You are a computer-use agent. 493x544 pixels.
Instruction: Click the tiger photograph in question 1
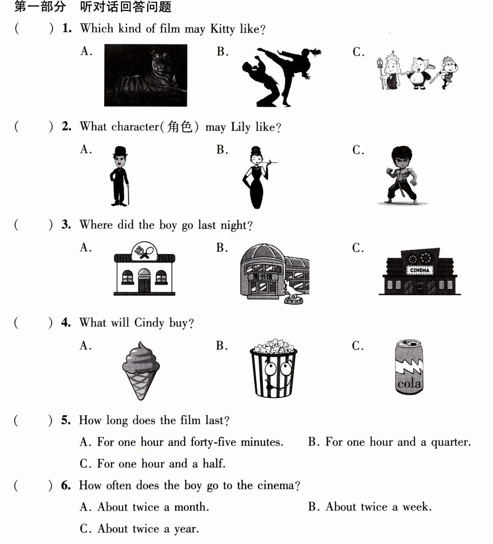pyautogui.click(x=146, y=75)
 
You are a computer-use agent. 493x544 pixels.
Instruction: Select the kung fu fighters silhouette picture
pyautogui.click(x=281, y=77)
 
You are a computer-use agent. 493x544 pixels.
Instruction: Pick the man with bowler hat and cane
pyautogui.click(x=119, y=176)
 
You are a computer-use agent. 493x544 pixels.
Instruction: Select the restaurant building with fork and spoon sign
pyautogui.click(x=144, y=269)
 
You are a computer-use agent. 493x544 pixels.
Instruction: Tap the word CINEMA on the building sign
pyautogui.click(x=420, y=270)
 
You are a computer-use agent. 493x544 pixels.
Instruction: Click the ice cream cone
pyautogui.click(x=141, y=370)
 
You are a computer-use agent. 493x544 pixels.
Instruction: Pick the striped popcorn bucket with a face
pyautogui.click(x=273, y=368)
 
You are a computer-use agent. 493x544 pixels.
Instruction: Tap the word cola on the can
pyautogui.click(x=409, y=383)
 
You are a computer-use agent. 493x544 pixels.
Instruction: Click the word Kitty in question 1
pyautogui.click(x=222, y=29)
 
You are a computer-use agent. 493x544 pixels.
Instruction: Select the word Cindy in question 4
pyautogui.click(x=149, y=323)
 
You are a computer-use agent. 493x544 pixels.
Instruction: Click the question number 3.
pyautogui.click(x=66, y=225)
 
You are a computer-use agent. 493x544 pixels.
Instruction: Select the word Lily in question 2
pyautogui.click(x=240, y=127)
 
